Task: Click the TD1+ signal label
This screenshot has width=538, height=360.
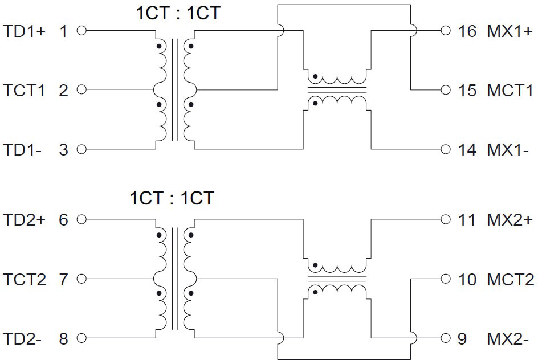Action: pos(25,31)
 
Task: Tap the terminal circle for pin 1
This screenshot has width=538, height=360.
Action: pos(81,31)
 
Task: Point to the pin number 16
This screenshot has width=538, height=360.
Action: pos(467,31)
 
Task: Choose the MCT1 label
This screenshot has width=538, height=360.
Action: pos(510,90)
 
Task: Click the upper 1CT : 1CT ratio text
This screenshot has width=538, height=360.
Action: pos(177,13)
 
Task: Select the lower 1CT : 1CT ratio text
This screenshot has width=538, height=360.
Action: pos(172,198)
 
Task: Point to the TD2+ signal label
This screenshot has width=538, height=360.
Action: pos(25,220)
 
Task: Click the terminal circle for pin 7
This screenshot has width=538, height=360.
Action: pos(81,279)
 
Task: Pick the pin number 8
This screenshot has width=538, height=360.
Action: pos(63,339)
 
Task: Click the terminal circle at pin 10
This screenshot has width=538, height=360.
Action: pos(446,279)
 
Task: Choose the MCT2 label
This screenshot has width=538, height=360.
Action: pos(510,280)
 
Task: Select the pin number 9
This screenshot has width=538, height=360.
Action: pos(462,339)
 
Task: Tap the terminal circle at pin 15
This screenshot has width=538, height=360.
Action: pos(446,90)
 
